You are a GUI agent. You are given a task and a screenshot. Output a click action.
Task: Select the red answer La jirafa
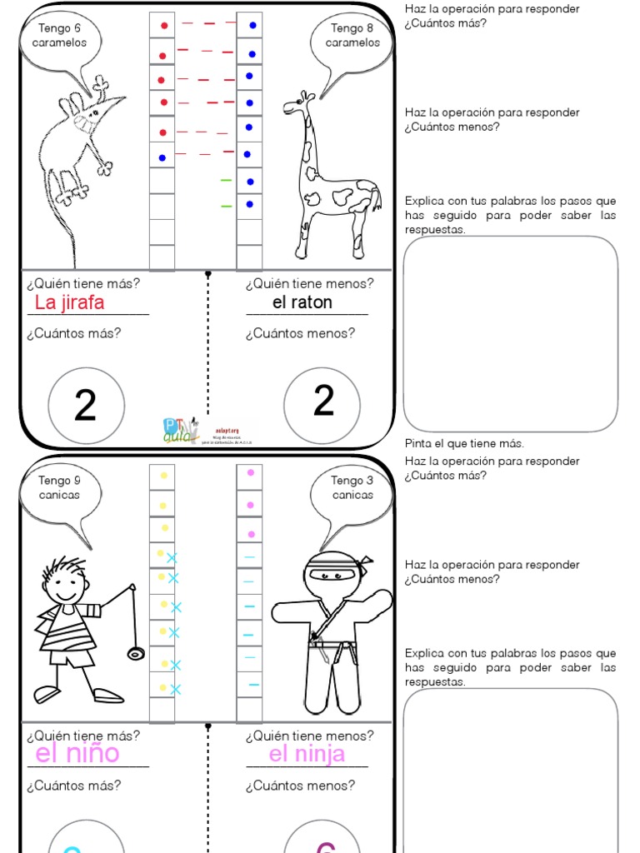(70, 302)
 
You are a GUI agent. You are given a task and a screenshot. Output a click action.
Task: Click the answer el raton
(302, 302)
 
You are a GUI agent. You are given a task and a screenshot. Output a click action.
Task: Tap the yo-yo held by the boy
(136, 652)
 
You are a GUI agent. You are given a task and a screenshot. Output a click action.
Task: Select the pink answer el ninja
(307, 754)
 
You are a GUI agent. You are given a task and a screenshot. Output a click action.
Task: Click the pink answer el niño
(77, 754)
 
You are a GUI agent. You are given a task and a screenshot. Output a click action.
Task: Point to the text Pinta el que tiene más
(464, 443)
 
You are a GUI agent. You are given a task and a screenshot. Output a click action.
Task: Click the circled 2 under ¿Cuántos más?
(86, 406)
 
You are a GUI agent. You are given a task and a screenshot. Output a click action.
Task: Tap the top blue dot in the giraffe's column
(252, 26)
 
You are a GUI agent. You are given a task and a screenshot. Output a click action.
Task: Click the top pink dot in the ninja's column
(250, 473)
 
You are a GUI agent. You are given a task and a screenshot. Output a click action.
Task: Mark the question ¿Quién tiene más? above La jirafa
(83, 283)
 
